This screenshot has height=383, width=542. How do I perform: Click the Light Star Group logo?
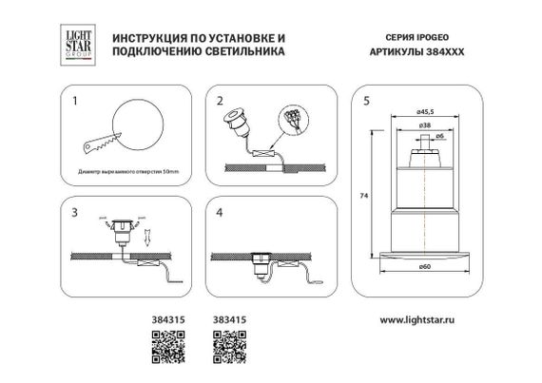pyautogui.click(x=78, y=45)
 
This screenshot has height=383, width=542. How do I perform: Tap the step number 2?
pyautogui.click(x=220, y=99)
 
